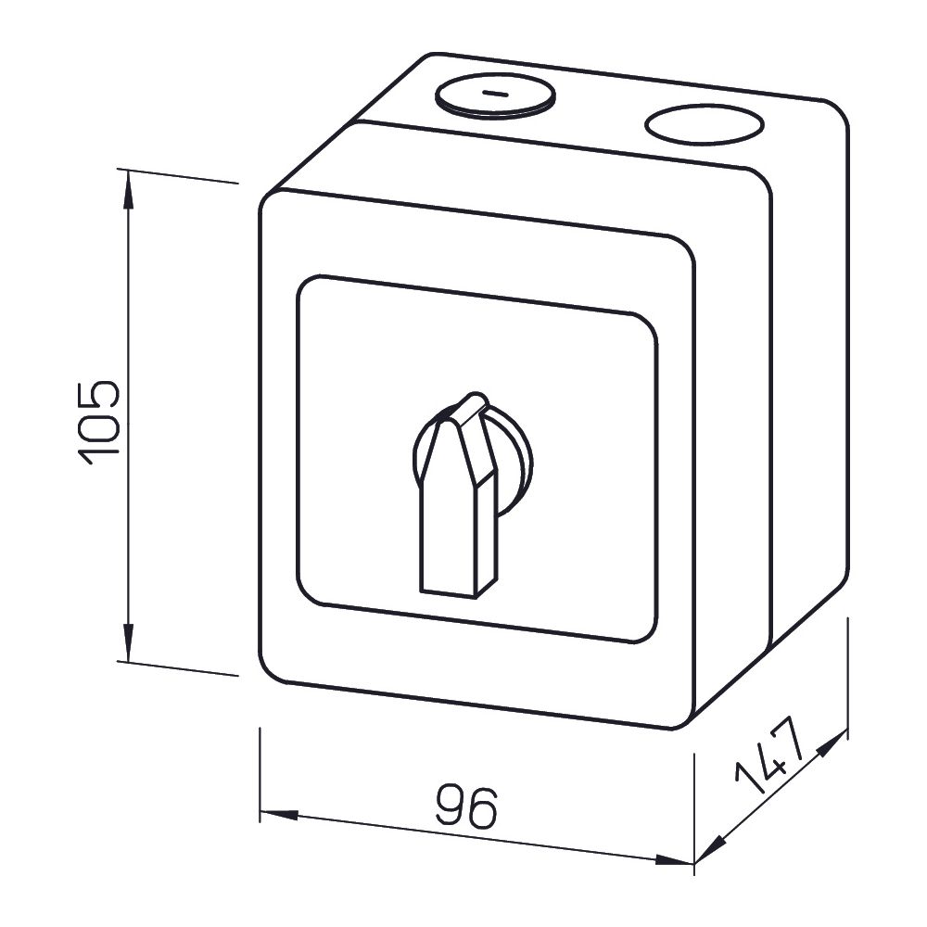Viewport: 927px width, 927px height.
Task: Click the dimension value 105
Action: pos(99,422)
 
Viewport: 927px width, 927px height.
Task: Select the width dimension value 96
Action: pos(466,806)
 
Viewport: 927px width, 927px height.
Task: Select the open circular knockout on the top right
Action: pos(705,125)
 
